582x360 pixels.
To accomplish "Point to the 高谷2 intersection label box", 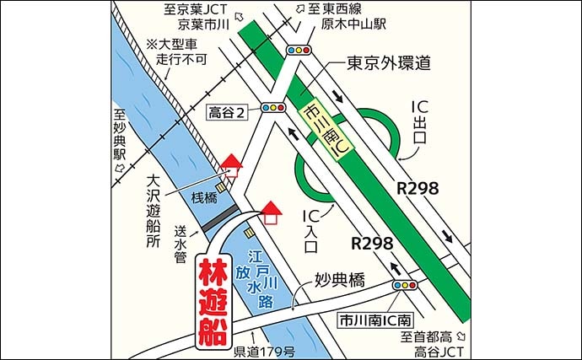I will [x=229, y=111].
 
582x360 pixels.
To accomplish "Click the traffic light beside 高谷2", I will [x=273, y=108].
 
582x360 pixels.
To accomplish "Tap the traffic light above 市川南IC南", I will [x=405, y=286].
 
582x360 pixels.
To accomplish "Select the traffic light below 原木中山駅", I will [x=300, y=50].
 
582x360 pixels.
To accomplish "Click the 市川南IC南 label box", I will [x=375, y=320].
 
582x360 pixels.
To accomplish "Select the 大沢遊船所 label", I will [x=152, y=211].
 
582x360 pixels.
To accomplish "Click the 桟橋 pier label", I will [x=205, y=198].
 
